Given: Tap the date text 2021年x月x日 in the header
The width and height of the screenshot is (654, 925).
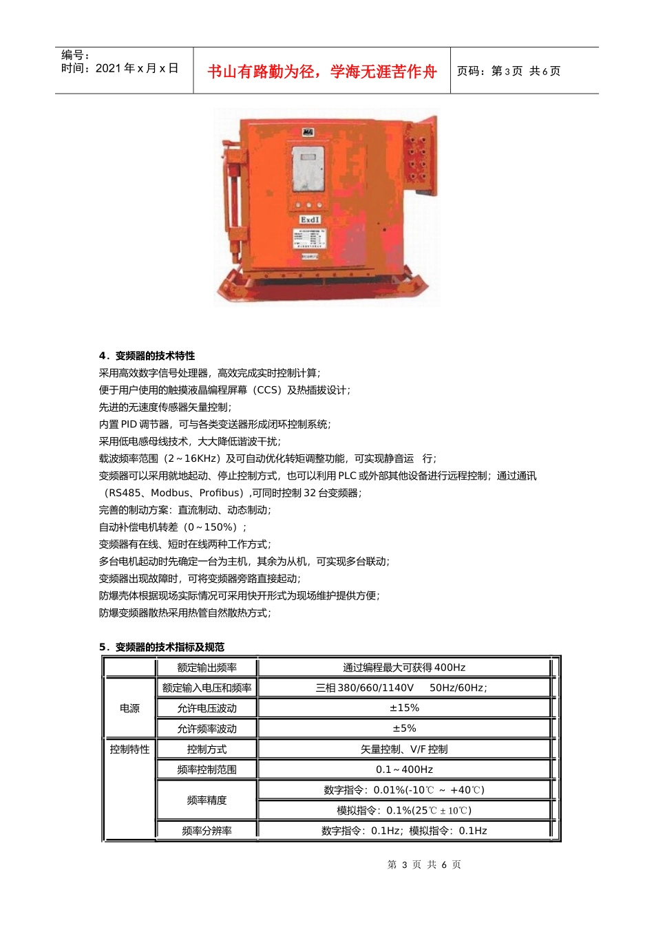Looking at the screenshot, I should pyautogui.click(x=136, y=68).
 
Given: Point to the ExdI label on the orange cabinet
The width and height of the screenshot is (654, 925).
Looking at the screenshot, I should pyautogui.click(x=310, y=220).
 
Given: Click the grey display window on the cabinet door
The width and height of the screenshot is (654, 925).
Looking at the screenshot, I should pyautogui.click(x=308, y=169).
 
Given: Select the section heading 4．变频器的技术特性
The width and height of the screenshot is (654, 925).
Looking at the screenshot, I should pyautogui.click(x=147, y=356).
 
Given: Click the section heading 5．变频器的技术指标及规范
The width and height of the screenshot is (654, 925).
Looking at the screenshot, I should pyautogui.click(x=161, y=647).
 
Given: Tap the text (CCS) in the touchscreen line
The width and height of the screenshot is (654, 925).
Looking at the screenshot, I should pyautogui.click(x=266, y=390).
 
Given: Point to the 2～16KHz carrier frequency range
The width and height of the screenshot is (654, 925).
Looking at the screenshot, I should pyautogui.click(x=192, y=458).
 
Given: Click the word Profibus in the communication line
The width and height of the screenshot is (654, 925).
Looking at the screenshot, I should pyautogui.click(x=221, y=493).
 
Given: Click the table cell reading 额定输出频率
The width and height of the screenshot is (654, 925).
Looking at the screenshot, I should pyautogui.click(x=207, y=668).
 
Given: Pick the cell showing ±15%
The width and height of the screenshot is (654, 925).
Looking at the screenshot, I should pyautogui.click(x=404, y=708).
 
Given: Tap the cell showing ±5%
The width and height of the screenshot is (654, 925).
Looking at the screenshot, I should pyautogui.click(x=404, y=728).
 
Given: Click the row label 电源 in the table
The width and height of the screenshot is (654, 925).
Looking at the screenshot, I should pyautogui.click(x=129, y=708).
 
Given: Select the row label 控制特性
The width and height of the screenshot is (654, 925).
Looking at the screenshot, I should pyautogui.click(x=129, y=749).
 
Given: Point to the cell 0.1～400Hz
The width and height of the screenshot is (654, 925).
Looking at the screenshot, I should pyautogui.click(x=404, y=769).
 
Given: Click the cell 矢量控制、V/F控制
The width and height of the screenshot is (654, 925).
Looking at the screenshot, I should pyautogui.click(x=404, y=749).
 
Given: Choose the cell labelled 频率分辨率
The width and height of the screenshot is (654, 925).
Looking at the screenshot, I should pyautogui.click(x=207, y=831).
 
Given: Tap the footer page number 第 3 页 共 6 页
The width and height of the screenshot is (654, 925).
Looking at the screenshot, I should pyautogui.click(x=424, y=864).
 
